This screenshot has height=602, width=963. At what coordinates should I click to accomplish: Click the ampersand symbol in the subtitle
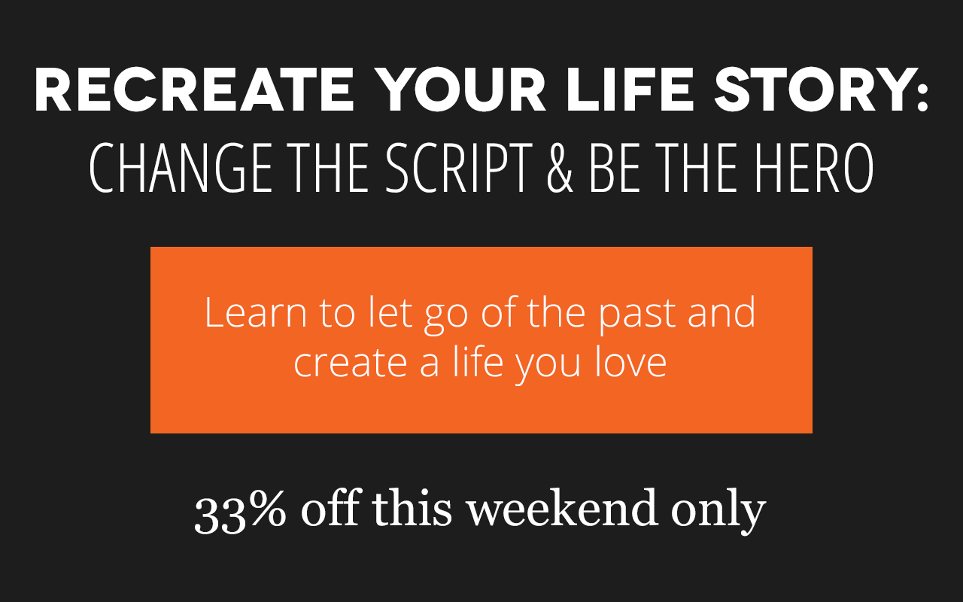[x=557, y=169]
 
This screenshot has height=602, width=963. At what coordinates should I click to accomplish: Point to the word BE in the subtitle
[x=612, y=169]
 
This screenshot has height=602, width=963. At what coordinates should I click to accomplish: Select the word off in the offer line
[x=330, y=509]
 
